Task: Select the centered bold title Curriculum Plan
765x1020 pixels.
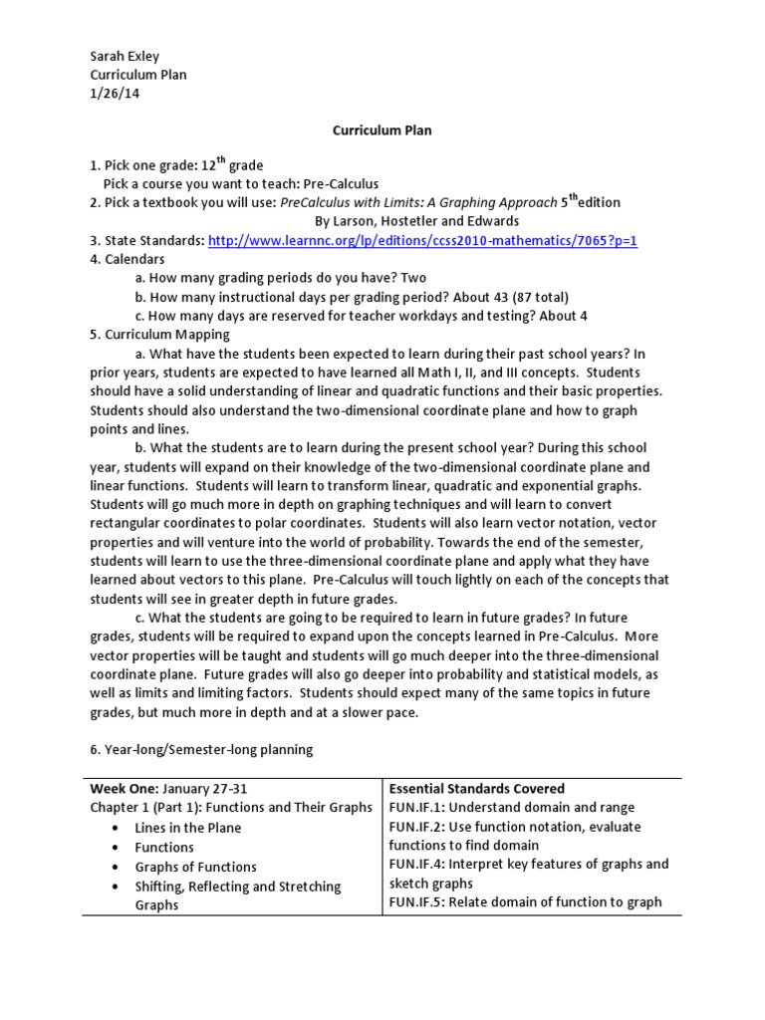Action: click(x=382, y=129)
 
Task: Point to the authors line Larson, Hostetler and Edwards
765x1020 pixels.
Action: click(x=416, y=221)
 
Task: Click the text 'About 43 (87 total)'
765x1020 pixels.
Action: click(x=508, y=297)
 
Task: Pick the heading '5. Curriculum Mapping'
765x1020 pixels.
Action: click(x=160, y=334)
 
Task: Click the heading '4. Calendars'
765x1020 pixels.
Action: click(x=130, y=259)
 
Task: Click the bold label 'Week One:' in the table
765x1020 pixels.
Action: click(x=124, y=788)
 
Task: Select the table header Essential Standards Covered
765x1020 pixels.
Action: click(x=476, y=788)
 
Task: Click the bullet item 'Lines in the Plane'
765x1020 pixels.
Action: click(x=188, y=827)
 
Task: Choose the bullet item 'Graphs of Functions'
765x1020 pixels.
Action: click(x=195, y=866)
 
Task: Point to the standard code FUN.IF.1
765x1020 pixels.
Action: click(x=414, y=807)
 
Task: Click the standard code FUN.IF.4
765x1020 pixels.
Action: click(x=415, y=864)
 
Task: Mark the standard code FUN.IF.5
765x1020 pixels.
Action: click(x=415, y=901)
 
